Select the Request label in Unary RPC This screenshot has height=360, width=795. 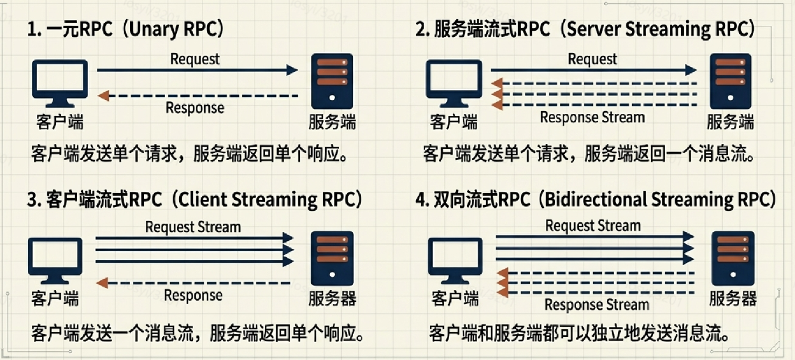coord(195,59)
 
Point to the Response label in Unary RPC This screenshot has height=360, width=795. coord(195,108)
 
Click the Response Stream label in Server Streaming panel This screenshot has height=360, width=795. coord(592,117)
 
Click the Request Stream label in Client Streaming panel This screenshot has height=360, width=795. coord(193,226)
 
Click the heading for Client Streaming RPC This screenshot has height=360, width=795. coord(195,199)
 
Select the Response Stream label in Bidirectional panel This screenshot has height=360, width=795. coord(596,304)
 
